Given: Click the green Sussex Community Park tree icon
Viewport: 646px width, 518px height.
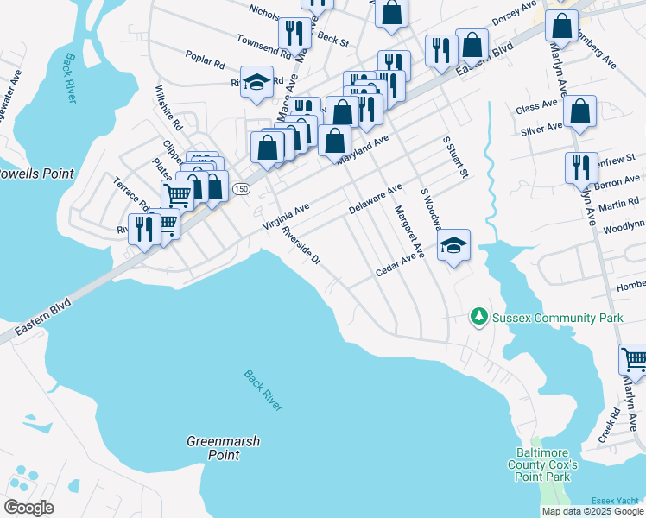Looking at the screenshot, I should (479, 318).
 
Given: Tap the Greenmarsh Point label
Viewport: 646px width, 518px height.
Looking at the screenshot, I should (224, 448).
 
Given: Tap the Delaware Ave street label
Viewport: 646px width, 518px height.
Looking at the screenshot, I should (376, 199).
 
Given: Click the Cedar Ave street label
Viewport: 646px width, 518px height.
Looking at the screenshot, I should (396, 266).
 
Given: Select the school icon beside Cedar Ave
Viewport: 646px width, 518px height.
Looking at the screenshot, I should (453, 245).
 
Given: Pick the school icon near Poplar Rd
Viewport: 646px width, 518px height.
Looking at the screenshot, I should (256, 83).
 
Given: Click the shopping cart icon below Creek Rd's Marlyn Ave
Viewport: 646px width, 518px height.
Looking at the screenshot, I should (635, 357).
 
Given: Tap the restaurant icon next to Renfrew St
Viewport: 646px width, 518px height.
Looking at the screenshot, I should (581, 167).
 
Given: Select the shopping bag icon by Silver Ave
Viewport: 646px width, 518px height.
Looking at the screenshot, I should (579, 111).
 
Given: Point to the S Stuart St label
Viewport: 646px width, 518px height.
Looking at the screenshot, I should (455, 156).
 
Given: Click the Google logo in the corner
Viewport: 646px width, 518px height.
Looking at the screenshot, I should (28, 508).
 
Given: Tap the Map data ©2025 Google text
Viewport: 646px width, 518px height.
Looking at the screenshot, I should (592, 511).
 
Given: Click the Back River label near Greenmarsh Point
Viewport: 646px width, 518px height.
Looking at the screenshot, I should (263, 390).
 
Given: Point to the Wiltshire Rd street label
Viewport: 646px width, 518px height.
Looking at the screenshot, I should (169, 104).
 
